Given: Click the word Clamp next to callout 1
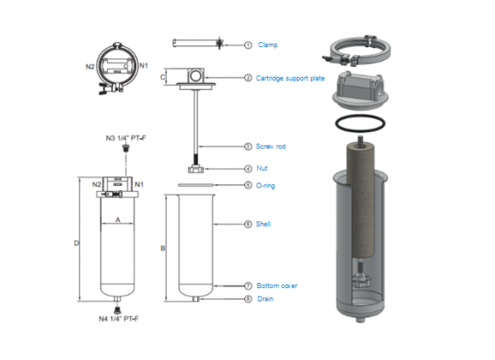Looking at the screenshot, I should pyautogui.click(x=267, y=44).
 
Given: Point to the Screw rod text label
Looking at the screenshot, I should pyautogui.click(x=271, y=146).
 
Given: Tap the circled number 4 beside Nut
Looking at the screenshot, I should pyautogui.click(x=247, y=168).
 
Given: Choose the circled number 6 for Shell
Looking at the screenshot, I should pyautogui.click(x=247, y=224).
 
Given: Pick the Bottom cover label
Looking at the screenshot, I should pyautogui.click(x=277, y=286).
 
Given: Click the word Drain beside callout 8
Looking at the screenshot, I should pyautogui.click(x=266, y=299).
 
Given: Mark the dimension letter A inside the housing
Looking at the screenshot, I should pyautogui.click(x=117, y=220).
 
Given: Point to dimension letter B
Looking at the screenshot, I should pyautogui.click(x=163, y=248).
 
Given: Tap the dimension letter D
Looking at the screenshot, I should pyautogui.click(x=76, y=244).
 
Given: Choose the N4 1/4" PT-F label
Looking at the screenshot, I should pyautogui.click(x=120, y=318).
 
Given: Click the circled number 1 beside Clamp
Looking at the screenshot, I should pyautogui.click(x=247, y=44).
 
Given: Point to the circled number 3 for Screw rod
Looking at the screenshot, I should pyautogui.click(x=247, y=146).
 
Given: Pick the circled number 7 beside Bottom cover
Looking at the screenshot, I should pyautogui.click(x=247, y=286).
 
